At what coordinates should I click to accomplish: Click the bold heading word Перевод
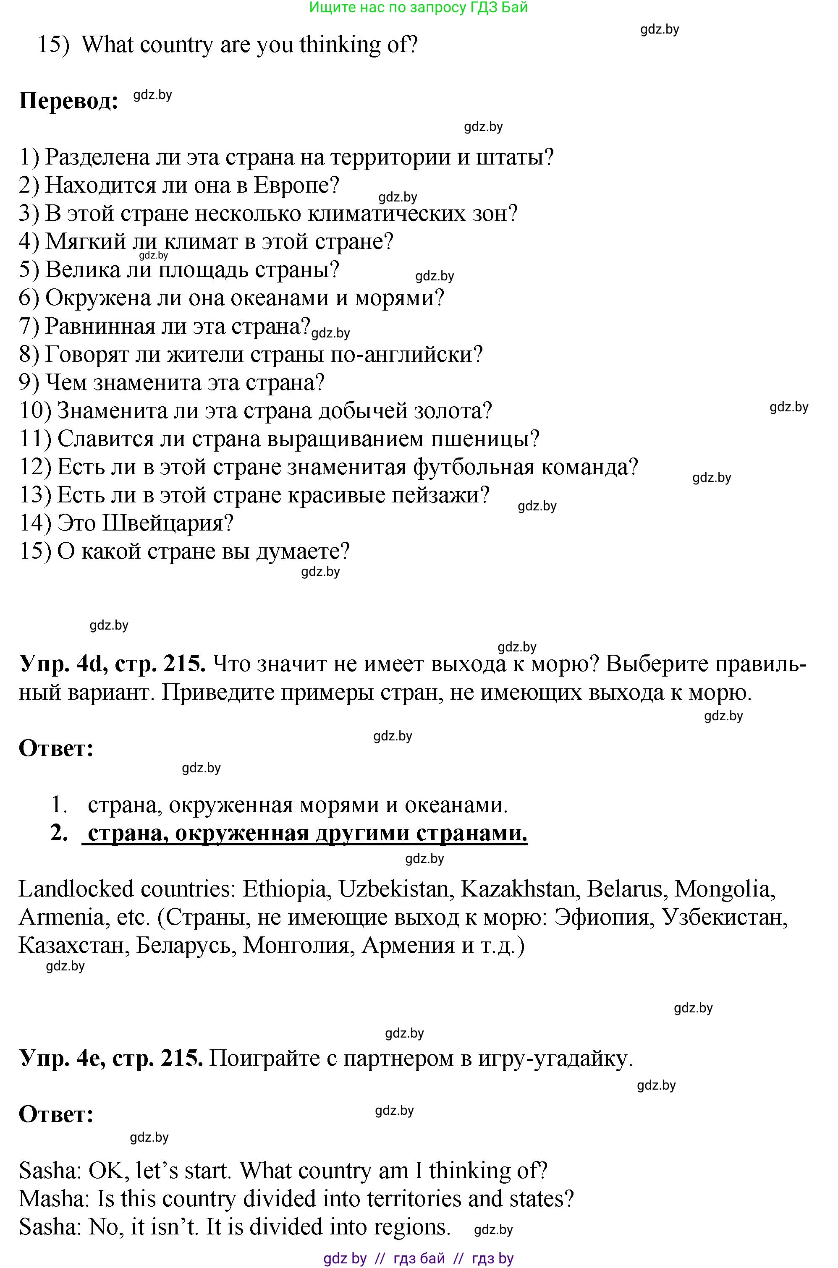68,100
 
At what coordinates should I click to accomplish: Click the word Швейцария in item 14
167,523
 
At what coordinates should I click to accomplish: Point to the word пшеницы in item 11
489,439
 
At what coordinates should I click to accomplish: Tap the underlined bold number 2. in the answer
59,833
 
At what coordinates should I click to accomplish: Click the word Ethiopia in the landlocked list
284,890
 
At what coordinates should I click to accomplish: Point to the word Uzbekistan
394,890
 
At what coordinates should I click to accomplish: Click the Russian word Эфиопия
602,918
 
